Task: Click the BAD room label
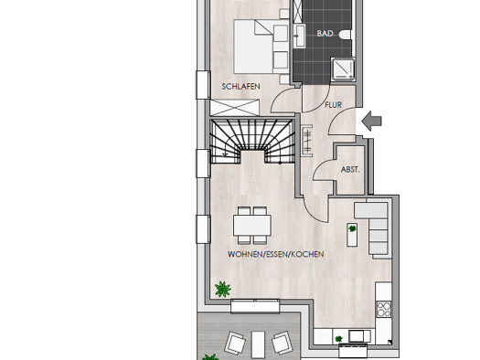(x=325, y=33)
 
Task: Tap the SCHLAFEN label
(x=241, y=87)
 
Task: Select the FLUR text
(x=334, y=105)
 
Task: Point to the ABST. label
(x=350, y=169)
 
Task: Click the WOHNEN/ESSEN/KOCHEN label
(x=276, y=254)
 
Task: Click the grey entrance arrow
(x=371, y=121)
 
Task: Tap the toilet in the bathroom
(x=345, y=35)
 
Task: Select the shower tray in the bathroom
(x=343, y=69)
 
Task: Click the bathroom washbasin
(x=299, y=36)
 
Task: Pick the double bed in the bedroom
(x=261, y=47)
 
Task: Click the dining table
(x=252, y=225)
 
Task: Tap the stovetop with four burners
(x=384, y=309)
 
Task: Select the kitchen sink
(x=357, y=336)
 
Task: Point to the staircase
(x=253, y=142)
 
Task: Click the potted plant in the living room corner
(x=223, y=289)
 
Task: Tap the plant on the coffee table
(x=352, y=228)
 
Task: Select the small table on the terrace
(x=258, y=344)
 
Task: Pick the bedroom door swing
(x=283, y=100)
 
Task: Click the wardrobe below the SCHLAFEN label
(x=235, y=108)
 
